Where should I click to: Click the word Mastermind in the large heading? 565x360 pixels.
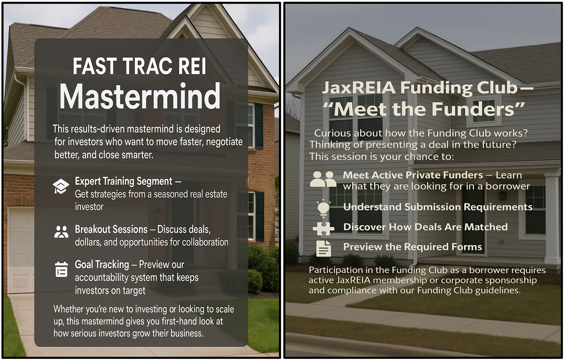pos(140,96)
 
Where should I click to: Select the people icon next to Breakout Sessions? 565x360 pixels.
pos(61,232)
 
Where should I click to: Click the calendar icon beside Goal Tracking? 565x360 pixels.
pos(61,269)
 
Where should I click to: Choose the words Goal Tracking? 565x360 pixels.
pos(102,265)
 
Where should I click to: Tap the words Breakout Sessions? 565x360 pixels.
pos(111,229)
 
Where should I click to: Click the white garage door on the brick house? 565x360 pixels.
pos(21,250)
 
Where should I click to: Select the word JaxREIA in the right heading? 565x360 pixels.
pos(359,88)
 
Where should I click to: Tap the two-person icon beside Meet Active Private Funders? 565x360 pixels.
pos(323,179)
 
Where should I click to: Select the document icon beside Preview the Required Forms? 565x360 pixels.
pos(324,248)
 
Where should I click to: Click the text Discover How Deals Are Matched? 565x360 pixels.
pos(425,227)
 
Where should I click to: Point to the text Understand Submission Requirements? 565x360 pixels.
pos(438,207)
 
